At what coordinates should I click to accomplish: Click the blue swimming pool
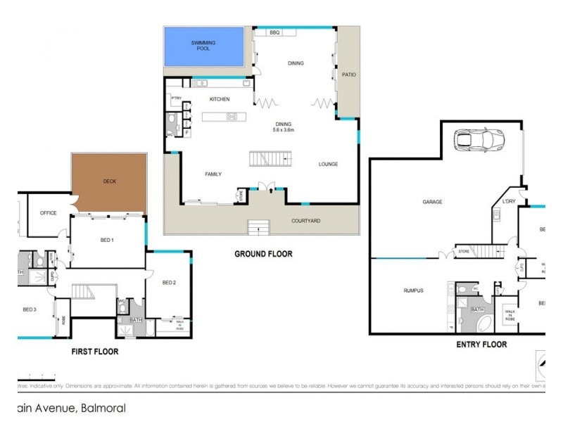click(203, 47)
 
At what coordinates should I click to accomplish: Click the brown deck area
click(109, 181)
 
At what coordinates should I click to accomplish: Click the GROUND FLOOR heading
click(263, 254)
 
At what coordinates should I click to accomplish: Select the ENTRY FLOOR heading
click(481, 345)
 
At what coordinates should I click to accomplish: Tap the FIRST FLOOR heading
click(94, 351)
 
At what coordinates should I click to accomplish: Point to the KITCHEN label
click(220, 99)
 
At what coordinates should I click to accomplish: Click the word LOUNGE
click(328, 164)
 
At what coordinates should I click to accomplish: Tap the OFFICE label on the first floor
click(48, 212)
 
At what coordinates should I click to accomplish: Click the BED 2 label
click(168, 283)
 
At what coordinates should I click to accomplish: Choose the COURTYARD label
click(306, 221)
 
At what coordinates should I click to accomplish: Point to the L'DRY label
click(509, 203)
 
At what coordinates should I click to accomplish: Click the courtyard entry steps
click(258, 226)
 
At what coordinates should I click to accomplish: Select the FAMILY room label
click(214, 173)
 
